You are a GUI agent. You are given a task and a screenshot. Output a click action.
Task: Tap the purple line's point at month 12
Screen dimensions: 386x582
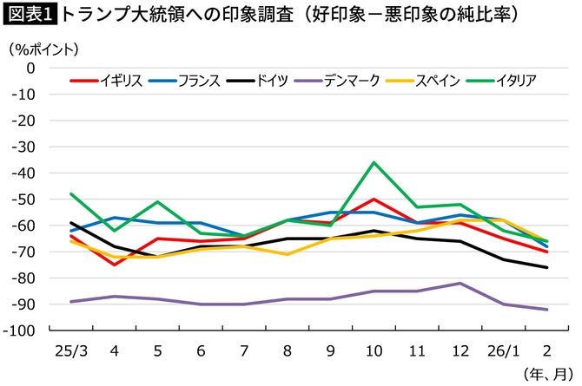click(x=460, y=283)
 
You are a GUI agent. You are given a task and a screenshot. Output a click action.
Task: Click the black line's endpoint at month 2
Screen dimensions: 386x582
click(x=546, y=267)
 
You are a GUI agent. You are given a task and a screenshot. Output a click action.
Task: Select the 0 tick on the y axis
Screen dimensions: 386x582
click(x=54, y=68)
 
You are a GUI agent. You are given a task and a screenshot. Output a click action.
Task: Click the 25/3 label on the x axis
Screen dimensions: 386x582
click(x=72, y=350)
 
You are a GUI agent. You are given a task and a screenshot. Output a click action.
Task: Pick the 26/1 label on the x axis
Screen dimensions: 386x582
click(x=503, y=350)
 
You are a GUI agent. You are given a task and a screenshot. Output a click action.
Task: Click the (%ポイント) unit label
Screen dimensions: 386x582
click(x=44, y=49)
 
